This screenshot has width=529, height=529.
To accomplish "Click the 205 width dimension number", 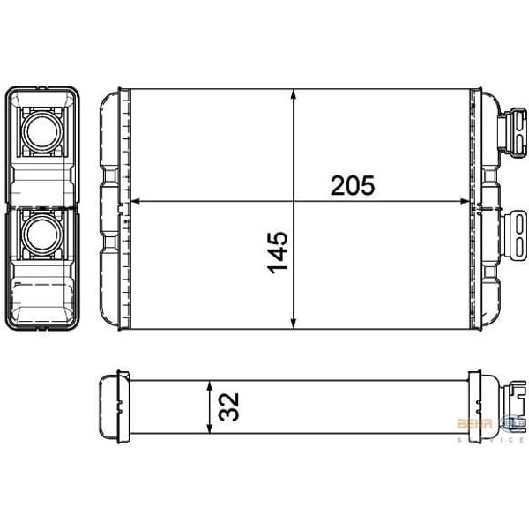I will coord(353,186).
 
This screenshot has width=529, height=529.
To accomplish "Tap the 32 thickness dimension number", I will coord(231,407).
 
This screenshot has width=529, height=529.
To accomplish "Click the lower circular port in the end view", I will coord(42,235).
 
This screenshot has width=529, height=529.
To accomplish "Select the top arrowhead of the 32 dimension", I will coord(209,386).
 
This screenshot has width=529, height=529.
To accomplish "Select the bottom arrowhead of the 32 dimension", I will coord(209,429).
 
